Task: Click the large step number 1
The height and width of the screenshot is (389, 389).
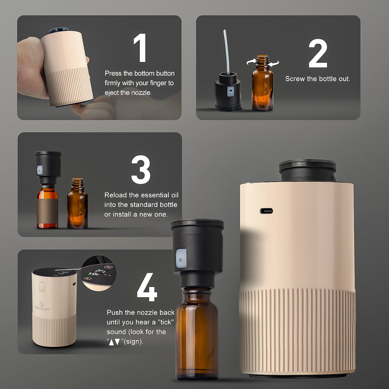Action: pos(140,48)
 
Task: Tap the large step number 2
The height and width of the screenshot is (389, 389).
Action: pos(318,53)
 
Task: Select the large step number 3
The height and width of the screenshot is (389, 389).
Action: pos(141,169)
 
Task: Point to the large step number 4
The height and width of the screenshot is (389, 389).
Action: pos(147,287)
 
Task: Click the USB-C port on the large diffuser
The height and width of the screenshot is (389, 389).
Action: pos(266,211)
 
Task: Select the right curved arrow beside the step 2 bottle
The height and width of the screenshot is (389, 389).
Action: pos(274,63)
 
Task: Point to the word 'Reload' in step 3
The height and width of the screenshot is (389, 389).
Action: pos(116,195)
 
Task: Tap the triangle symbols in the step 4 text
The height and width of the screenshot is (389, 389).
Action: pos(114,342)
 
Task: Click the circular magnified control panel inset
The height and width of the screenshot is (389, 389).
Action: pos(99,273)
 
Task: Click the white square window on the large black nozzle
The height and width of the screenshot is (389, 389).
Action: pos(181,258)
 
